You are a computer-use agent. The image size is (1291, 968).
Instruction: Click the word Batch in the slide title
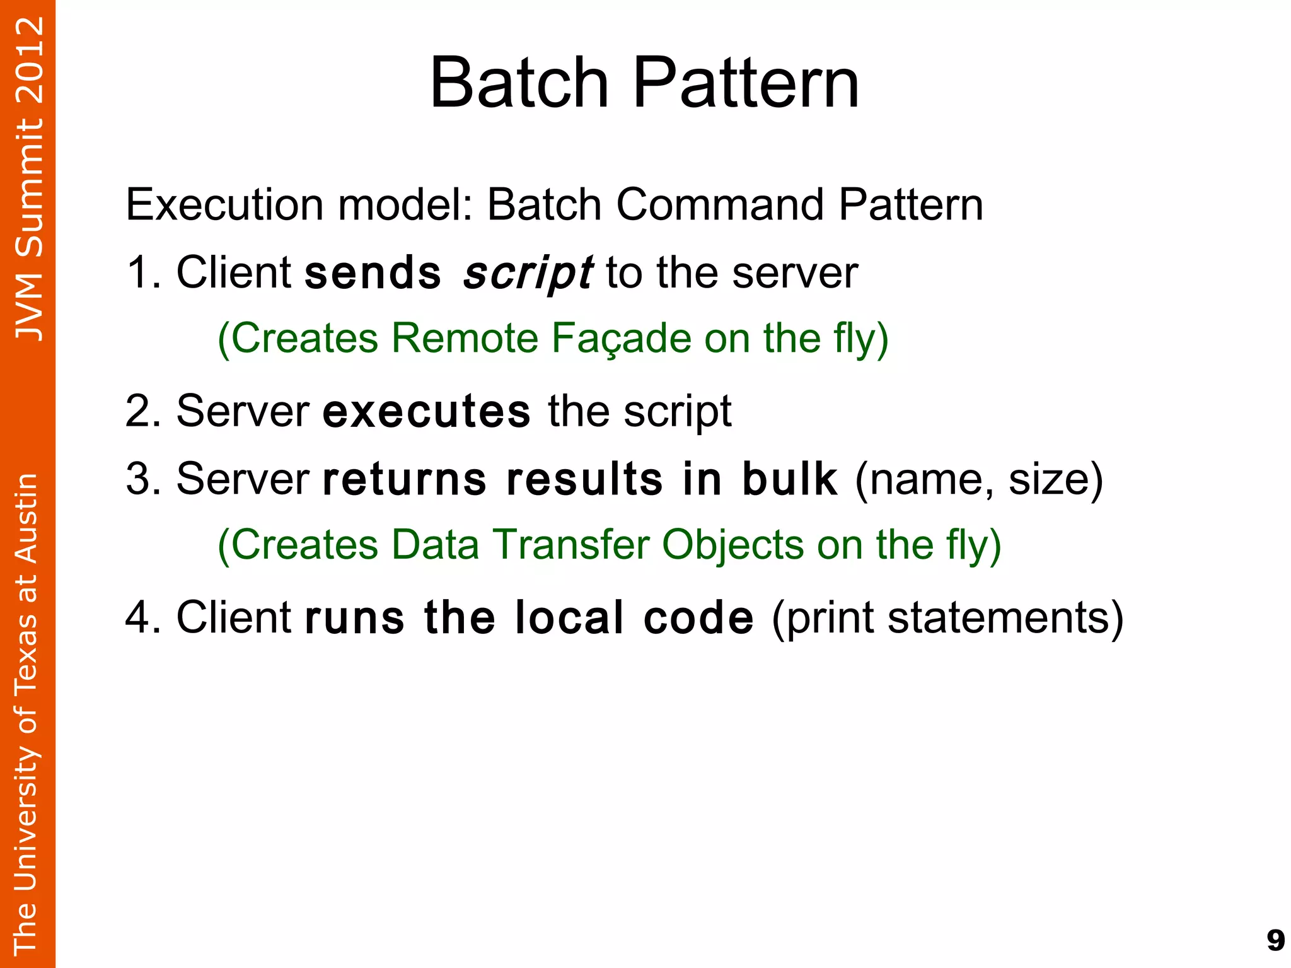pyautogui.click(x=519, y=83)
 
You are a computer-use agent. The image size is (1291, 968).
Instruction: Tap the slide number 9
pyautogui.click(x=1275, y=940)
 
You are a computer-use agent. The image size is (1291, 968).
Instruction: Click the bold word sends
pyautogui.click(x=373, y=273)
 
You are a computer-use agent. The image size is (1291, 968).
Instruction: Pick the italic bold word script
pyautogui.click(x=527, y=273)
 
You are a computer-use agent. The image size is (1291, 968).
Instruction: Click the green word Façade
pyautogui.click(x=621, y=338)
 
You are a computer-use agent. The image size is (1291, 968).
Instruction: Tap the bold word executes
pyautogui.click(x=426, y=411)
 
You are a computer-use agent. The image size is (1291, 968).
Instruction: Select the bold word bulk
pyautogui.click(x=789, y=479)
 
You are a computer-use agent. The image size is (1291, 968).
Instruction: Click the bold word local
pyautogui.click(x=569, y=617)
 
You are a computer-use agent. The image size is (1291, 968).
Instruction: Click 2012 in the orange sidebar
pyautogui.click(x=29, y=61)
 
